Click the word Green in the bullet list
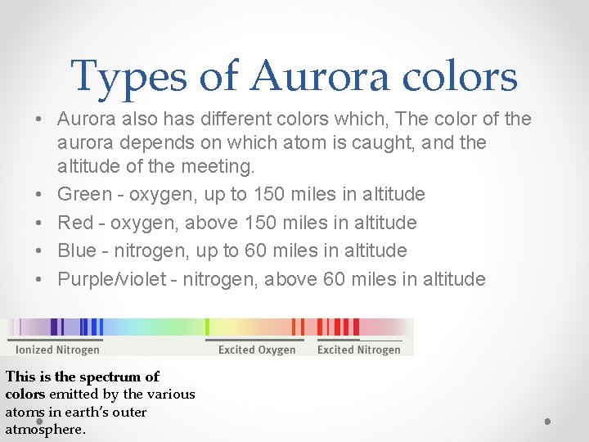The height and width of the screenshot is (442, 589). click(84, 195)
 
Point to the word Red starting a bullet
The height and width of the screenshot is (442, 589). click(74, 223)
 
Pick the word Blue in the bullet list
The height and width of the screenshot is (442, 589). click(77, 250)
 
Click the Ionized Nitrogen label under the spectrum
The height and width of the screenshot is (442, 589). click(57, 350)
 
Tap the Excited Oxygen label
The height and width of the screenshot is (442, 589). click(256, 350)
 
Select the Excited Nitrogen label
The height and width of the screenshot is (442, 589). click(358, 350)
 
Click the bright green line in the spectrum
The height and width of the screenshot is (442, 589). click(207, 327)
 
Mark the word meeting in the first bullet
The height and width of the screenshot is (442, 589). click(221, 167)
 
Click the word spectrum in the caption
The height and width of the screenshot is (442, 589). click(119, 377)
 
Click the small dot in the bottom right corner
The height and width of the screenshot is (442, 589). click(547, 422)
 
